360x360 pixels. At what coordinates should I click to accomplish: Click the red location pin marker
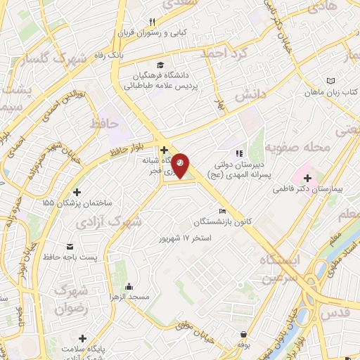point(181,164)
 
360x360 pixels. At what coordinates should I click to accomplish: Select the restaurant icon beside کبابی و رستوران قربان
point(153,21)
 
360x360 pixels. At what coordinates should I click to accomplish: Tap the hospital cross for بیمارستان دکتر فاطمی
point(307,178)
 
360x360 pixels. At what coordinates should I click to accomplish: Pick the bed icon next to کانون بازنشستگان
point(223,212)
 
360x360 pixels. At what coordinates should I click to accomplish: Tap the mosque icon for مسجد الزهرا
point(129,287)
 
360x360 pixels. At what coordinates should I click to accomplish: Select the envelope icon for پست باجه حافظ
point(70,245)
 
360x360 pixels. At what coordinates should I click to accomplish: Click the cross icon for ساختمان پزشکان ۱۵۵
point(77,192)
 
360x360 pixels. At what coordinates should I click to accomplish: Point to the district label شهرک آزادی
point(117,221)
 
